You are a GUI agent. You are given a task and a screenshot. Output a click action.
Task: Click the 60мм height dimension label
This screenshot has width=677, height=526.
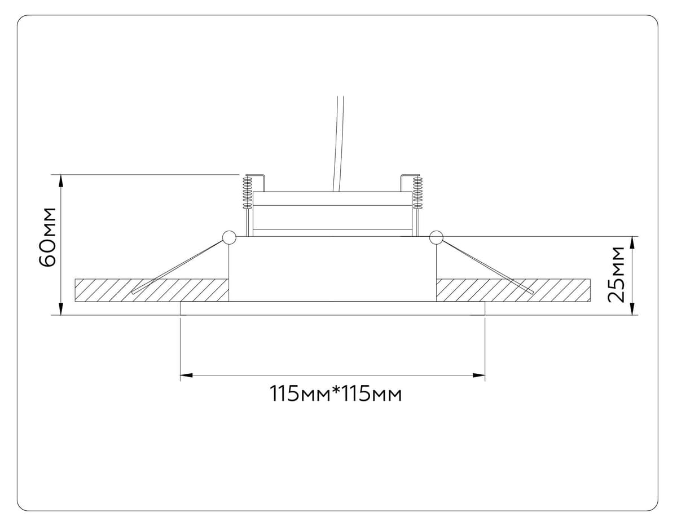[48, 237]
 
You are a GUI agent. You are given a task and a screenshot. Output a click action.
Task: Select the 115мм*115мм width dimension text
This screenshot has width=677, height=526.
[336, 394]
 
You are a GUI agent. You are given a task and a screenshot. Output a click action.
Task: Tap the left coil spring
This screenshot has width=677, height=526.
[247, 193]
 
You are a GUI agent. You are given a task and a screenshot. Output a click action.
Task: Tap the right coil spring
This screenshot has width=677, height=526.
[417, 193]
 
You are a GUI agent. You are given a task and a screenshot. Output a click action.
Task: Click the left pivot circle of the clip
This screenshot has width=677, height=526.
[229, 238]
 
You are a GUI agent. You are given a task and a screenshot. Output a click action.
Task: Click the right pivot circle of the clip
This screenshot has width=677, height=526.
[436, 238]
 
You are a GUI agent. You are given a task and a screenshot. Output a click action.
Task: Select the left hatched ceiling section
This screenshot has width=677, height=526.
[113, 290]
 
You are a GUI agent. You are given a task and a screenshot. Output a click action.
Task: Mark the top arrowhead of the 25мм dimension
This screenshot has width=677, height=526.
[632, 242]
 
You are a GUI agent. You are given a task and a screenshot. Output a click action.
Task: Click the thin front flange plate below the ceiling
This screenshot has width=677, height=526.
[332, 308]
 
